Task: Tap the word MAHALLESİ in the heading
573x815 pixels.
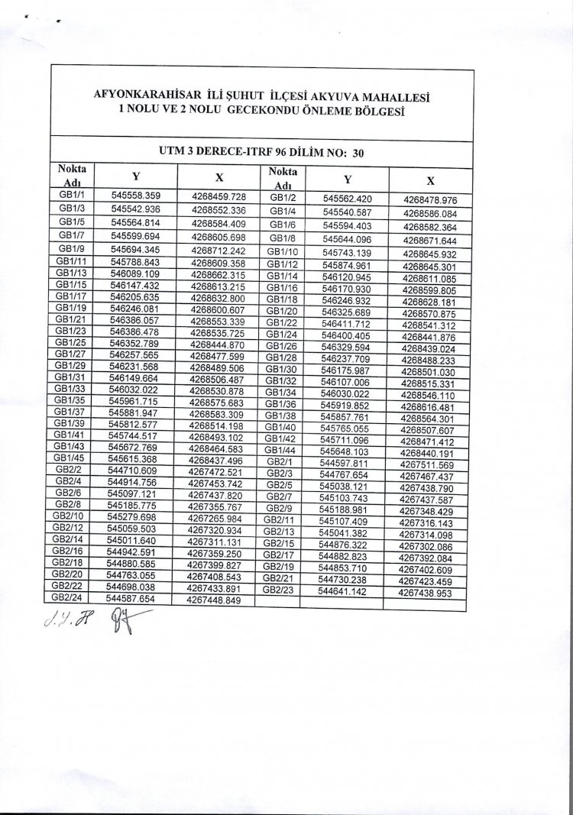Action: [x=390, y=98]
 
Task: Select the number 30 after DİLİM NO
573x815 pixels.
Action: [x=358, y=153]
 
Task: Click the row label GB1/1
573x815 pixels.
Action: [x=72, y=196]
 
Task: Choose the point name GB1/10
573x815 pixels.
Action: [x=281, y=252]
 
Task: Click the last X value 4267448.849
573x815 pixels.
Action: [x=214, y=600]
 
